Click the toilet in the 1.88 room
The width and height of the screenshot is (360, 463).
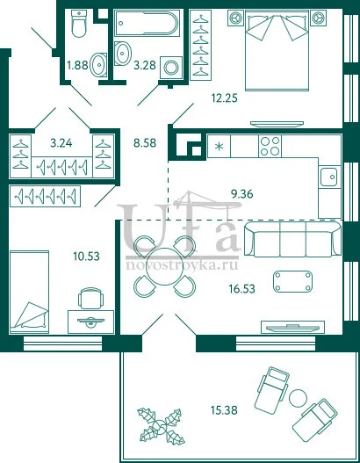click(x=79, y=23)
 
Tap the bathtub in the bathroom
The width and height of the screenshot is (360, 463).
click(x=147, y=24)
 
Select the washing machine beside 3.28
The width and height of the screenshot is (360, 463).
click(x=171, y=68)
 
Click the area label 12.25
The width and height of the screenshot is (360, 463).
click(x=224, y=98)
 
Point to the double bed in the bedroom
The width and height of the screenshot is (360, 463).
click(x=277, y=50)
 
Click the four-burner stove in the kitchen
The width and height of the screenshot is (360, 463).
click(x=270, y=146)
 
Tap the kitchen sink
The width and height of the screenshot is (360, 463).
click(x=329, y=177)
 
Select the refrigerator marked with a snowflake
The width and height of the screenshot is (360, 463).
click(x=219, y=146)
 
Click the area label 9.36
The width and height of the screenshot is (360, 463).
click(x=242, y=194)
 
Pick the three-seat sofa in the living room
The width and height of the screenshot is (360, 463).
click(x=292, y=240)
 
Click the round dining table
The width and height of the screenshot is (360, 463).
click(x=165, y=266)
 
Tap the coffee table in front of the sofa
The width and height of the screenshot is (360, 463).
click(x=292, y=282)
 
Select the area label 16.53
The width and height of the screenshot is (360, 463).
click(x=242, y=288)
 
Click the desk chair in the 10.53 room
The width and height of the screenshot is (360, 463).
click(x=91, y=298)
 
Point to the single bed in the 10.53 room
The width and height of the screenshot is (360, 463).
click(x=29, y=293)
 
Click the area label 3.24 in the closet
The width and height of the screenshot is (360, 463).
click(x=61, y=143)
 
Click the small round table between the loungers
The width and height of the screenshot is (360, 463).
click(x=298, y=398)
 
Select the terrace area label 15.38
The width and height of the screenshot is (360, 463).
click(x=224, y=410)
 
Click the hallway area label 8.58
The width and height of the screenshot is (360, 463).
click(x=145, y=143)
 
